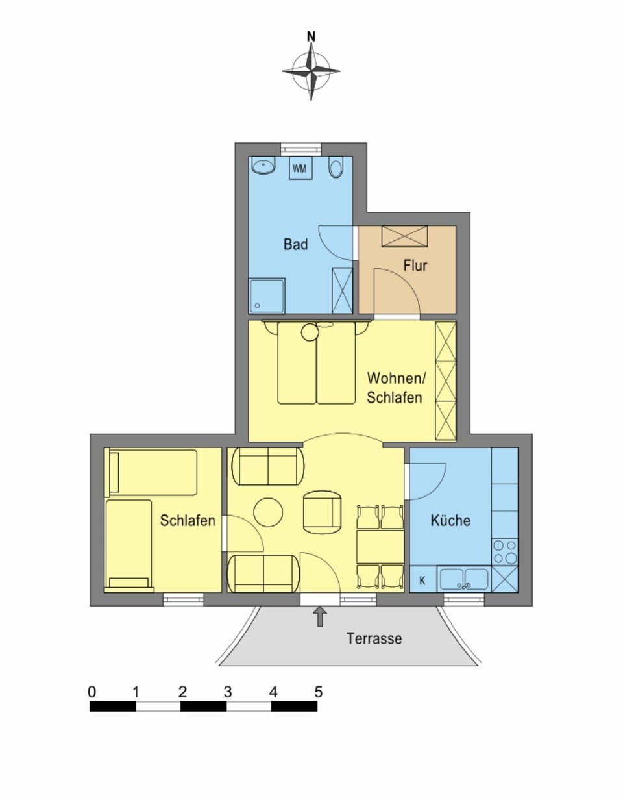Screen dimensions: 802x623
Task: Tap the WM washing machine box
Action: [299, 169]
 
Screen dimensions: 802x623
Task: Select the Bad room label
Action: [295, 245]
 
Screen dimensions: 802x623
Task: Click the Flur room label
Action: [415, 266]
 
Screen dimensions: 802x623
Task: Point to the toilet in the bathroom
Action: [336, 168]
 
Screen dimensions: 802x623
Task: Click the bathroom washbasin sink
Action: [263, 166]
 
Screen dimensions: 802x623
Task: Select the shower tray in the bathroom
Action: [267, 295]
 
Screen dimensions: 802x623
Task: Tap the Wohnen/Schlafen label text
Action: [395, 388]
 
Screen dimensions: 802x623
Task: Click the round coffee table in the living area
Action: [268, 512]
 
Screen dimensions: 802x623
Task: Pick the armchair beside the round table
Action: [323, 510]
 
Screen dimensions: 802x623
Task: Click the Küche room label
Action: [450, 520]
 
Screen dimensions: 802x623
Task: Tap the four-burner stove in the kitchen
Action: [504, 552]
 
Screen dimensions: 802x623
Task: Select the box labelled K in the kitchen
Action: [422, 581]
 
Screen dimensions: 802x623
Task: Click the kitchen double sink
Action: [464, 579]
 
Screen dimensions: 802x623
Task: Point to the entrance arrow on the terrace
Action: [319, 616]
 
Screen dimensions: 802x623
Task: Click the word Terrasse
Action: [374, 638]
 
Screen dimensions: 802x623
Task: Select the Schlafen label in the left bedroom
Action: [188, 520]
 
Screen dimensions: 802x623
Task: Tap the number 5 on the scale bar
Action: [318, 692]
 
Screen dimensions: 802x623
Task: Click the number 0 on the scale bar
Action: [92, 692]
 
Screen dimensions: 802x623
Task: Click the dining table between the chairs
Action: [380, 547]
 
